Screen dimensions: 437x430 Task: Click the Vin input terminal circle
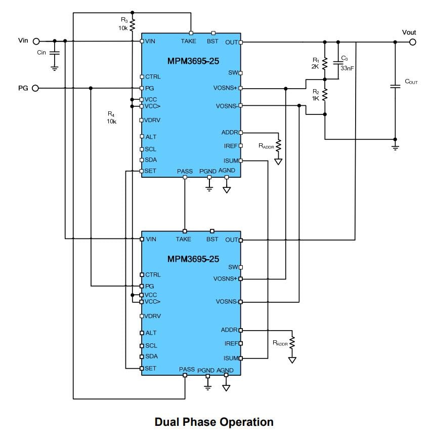tap(36, 41)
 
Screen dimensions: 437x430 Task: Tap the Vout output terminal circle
tap(413, 42)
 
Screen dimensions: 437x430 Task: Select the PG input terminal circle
tap(35, 88)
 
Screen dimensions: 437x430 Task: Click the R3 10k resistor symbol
tap(132, 24)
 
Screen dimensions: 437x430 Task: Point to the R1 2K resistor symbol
tap(325, 63)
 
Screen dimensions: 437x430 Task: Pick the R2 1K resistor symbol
tap(325, 94)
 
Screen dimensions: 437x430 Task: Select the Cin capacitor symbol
tap(55, 52)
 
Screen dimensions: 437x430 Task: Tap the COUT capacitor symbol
tap(396, 87)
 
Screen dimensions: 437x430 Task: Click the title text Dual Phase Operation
tap(214, 422)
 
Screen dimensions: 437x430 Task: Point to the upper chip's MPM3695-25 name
tap(193, 61)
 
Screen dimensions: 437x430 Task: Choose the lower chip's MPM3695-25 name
tap(193, 259)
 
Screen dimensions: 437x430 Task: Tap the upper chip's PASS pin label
tap(185, 171)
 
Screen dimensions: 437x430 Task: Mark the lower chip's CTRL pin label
tap(153, 274)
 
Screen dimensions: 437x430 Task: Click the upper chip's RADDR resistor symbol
tap(278, 145)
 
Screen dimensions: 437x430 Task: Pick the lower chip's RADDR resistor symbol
tap(292, 343)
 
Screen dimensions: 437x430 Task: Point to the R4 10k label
tap(111, 117)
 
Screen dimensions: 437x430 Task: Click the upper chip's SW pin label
tap(233, 73)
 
